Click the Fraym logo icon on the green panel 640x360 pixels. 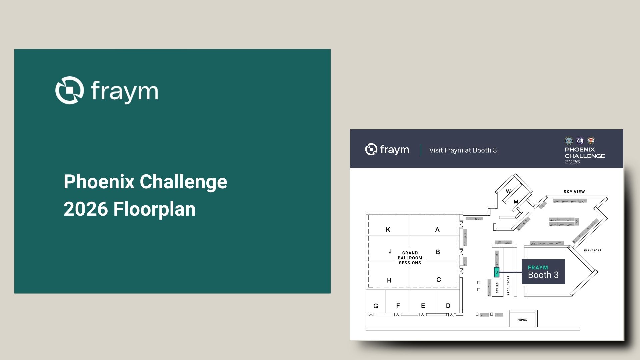click(x=69, y=90)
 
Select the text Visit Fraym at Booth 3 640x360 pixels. click(x=463, y=150)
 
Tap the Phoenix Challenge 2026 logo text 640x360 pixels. click(x=584, y=155)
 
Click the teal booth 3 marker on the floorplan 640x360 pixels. click(x=496, y=272)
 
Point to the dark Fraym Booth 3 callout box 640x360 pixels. click(x=543, y=272)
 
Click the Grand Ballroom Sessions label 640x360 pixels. click(x=410, y=258)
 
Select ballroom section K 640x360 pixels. click(x=388, y=230)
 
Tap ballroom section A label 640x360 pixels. click(x=437, y=230)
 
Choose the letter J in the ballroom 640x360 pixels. click(x=390, y=251)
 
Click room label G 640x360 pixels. click(x=376, y=306)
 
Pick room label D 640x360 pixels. click(x=448, y=306)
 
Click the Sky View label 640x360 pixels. click(x=574, y=192)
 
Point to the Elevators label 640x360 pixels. click(x=592, y=250)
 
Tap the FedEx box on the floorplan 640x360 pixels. click(x=522, y=319)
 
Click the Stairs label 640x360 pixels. click(x=497, y=288)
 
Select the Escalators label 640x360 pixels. click(x=508, y=285)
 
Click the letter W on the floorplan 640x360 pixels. click(x=508, y=191)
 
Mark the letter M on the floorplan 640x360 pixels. click(x=516, y=202)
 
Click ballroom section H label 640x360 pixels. click(x=389, y=281)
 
